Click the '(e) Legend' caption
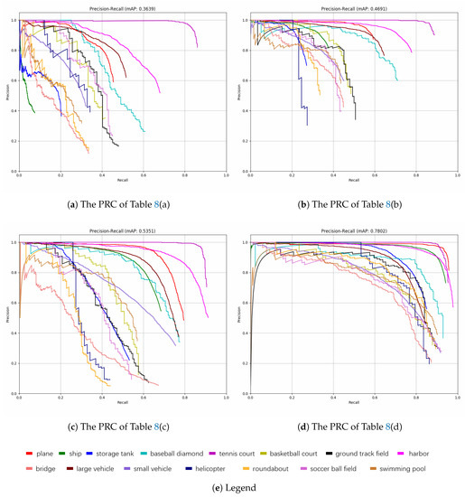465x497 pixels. [231, 487]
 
